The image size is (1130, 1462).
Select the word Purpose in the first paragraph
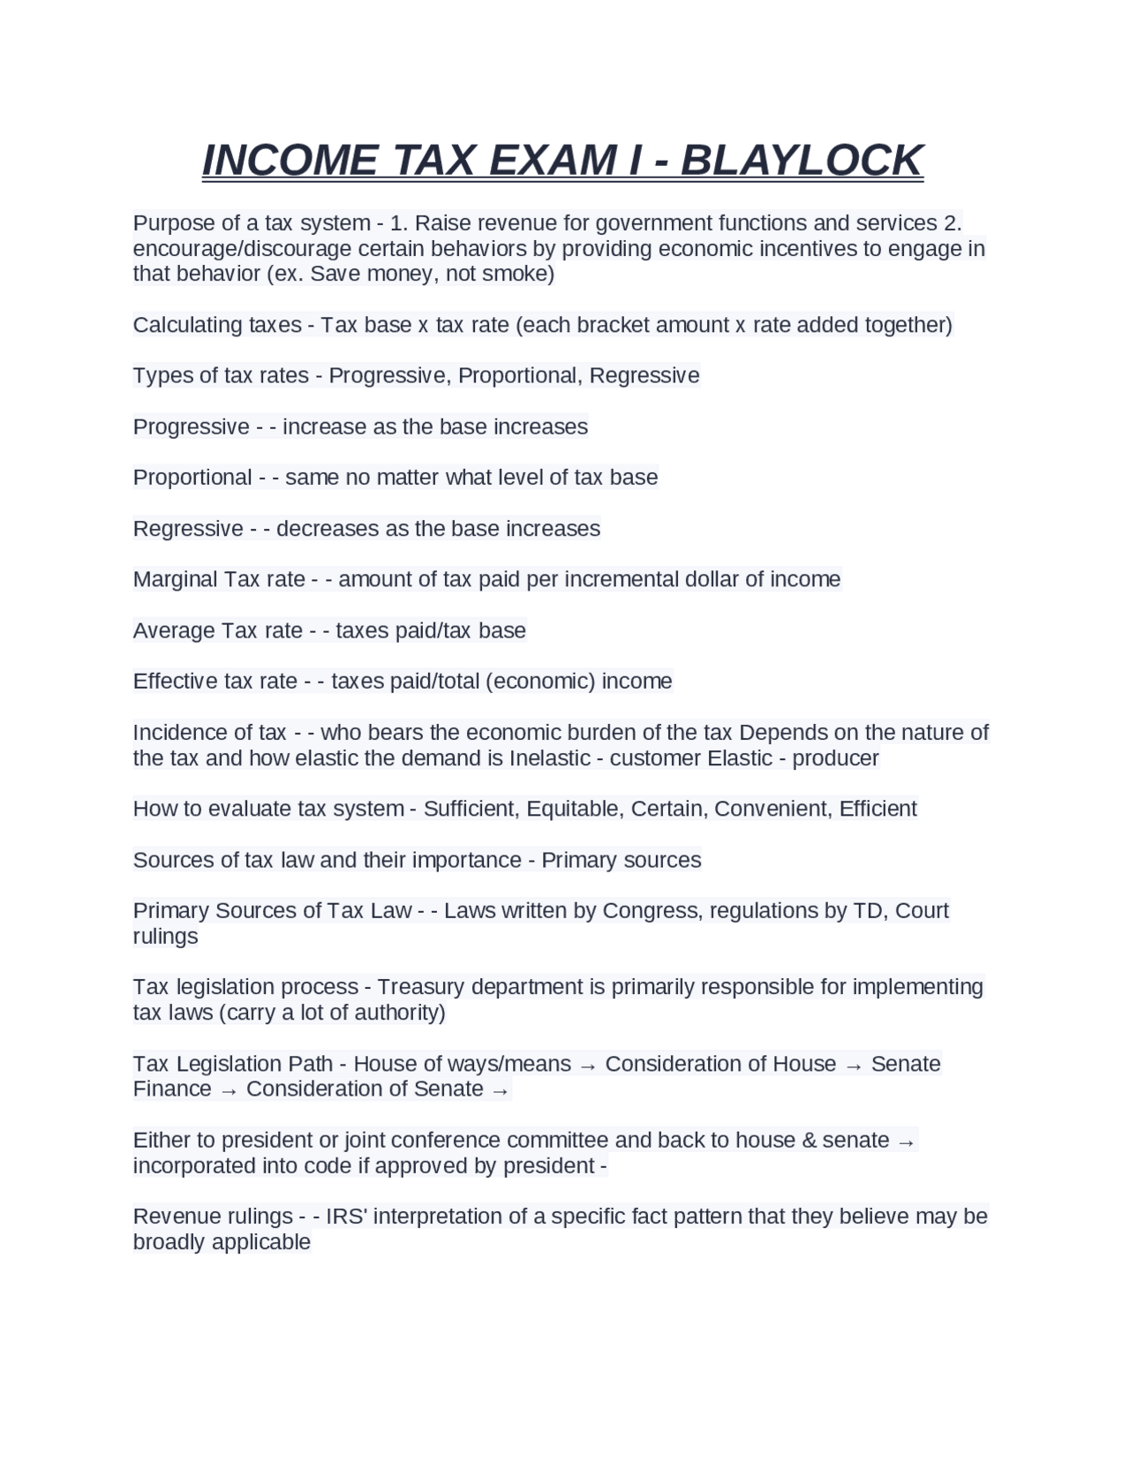174,222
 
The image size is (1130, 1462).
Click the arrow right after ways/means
588,1066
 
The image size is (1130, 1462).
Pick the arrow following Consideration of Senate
500,1091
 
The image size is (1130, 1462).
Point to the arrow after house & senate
906,1142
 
